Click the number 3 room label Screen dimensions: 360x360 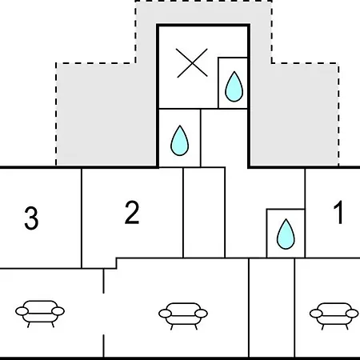coord(31,218)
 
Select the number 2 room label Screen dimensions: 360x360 coord(132,212)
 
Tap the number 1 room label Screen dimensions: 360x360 coord(338,213)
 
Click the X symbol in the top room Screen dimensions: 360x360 coord(192,63)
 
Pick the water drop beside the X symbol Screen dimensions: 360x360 coord(234,86)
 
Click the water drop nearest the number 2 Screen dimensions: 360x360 coord(179,141)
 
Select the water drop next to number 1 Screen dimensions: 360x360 coord(286,234)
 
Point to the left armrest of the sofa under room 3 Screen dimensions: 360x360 coord(22,311)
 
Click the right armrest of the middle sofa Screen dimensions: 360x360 coord(201,314)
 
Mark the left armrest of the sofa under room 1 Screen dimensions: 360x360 coord(316,314)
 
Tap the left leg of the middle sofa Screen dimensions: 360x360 coord(172,327)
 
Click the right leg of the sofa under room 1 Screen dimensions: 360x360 coord(346,327)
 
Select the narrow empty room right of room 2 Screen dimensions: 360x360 coord(204,213)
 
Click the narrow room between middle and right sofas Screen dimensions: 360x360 coord(272,308)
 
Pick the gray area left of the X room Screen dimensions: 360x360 coord(106,114)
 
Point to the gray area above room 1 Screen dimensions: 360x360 coord(294,114)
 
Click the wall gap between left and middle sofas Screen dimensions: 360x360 coord(103,314)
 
